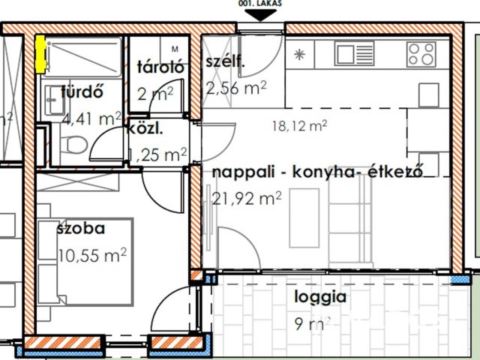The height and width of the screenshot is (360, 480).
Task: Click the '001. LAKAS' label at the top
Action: pos(260,4)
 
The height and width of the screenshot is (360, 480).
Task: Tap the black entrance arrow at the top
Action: pos(260,17)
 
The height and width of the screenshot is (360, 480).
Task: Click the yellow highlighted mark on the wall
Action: pos(40,54)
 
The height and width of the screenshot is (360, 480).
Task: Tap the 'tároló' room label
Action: pos(160,67)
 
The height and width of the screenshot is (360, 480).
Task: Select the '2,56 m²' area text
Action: pos(236,88)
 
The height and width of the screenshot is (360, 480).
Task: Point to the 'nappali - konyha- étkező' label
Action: pos(318,172)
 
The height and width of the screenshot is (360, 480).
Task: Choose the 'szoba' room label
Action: pos(80,228)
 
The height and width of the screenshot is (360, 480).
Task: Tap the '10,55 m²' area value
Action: pos(91,255)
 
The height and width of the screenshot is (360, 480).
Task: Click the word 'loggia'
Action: pos(320,296)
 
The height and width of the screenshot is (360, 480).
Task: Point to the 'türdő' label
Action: pos(81,94)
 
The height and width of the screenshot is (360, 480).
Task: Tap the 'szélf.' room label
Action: pos(225,62)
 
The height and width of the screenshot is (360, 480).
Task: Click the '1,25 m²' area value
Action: pos(157,155)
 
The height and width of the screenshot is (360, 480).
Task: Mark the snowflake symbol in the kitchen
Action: pos(300,54)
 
